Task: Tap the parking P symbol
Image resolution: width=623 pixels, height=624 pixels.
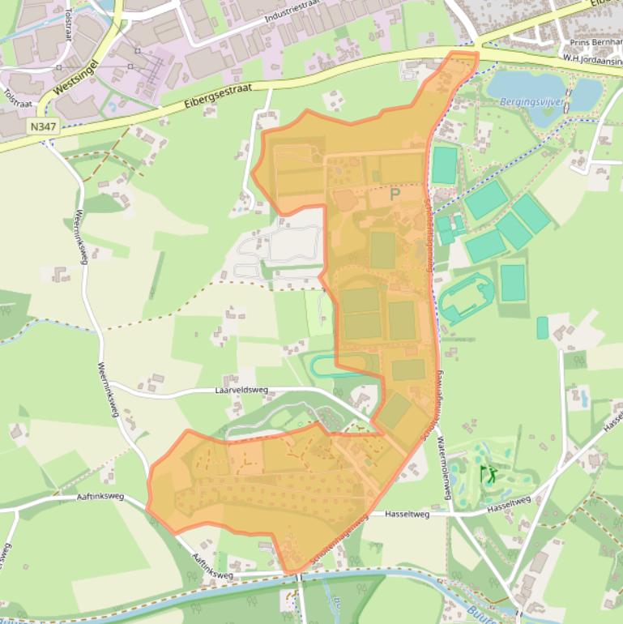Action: point(395,194)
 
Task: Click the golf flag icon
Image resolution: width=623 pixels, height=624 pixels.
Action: point(489,473)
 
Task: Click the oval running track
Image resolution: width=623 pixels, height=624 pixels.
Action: point(466,297)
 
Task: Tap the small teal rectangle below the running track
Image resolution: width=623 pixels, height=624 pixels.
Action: point(541,327)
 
